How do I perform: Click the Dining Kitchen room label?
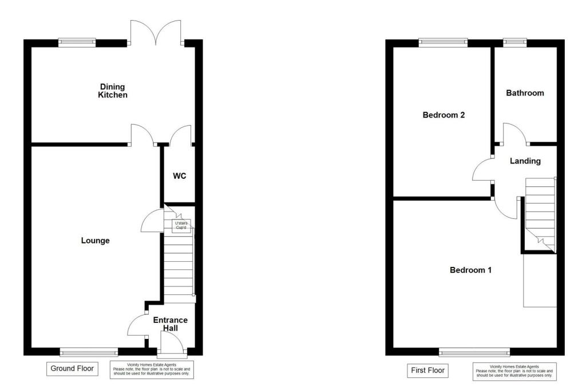click(113, 91)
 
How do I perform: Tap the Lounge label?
click(95, 241)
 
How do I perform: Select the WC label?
click(180, 176)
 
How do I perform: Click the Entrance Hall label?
click(170, 324)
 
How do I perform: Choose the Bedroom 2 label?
click(444, 115)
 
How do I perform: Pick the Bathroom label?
click(525, 93)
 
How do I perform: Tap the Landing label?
click(525, 161)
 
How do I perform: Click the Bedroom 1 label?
click(470, 270)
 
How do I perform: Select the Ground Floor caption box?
click(72, 369)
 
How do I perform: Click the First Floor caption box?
click(427, 370)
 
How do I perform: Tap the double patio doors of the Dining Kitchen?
click(156, 32)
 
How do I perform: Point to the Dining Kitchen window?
click(77, 42)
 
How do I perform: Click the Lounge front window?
click(89, 352)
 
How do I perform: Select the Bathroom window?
click(515, 42)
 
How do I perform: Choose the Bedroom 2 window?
click(443, 42)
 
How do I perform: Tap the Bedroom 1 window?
click(474, 352)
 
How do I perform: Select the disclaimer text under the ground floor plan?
click(152, 370)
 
